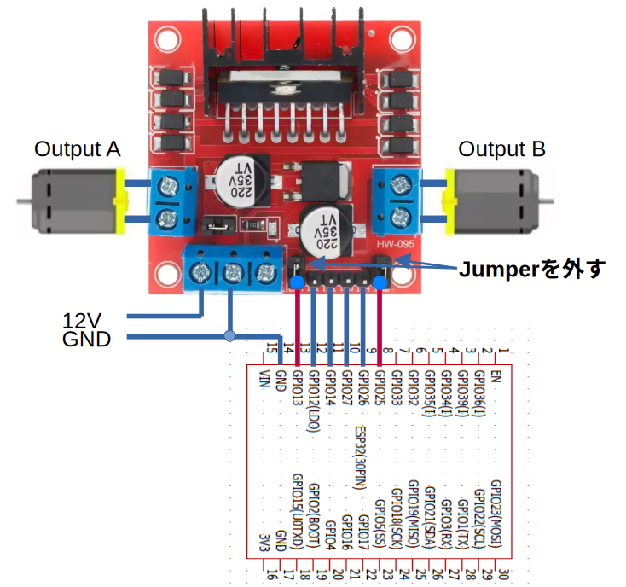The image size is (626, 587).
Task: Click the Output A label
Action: click(77, 149)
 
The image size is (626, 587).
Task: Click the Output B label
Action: click(501, 149)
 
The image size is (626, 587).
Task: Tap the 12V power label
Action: click(82, 321)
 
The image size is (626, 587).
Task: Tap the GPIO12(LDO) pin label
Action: click(314, 401)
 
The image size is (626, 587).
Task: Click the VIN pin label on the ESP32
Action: click(264, 380)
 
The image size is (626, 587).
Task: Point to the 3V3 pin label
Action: click(264, 542)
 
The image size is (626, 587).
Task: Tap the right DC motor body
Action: click(493, 201)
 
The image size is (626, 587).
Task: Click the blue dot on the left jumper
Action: click(296, 282)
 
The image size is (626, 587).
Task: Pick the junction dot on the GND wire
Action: click(228, 336)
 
